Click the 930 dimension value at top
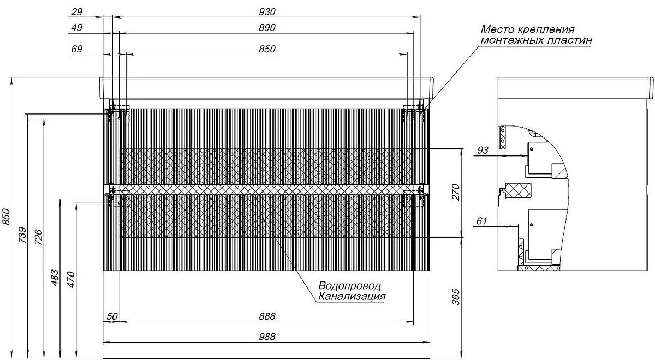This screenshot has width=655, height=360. point(267,12)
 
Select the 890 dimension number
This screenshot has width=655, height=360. point(267,28)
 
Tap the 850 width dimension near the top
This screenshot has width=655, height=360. point(267,49)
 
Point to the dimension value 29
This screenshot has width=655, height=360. point(77,12)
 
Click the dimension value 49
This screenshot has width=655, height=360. point(77,28)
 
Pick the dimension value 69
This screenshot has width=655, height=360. point(77,49)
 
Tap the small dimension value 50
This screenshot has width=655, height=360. point(111,316)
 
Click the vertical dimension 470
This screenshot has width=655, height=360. point(70,278)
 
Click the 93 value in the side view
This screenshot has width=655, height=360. point(482,150)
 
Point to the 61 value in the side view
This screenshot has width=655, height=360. point(482,221)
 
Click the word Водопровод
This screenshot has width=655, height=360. point(349,286)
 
